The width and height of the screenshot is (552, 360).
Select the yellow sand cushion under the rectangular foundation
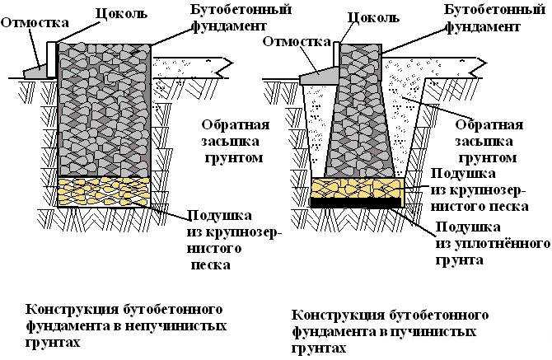104,191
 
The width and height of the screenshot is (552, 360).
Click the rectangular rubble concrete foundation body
104,107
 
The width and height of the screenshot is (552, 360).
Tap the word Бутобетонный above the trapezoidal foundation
489,11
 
